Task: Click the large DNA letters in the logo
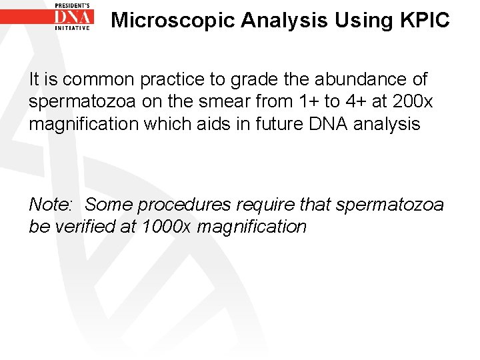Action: pyautogui.click(x=73, y=18)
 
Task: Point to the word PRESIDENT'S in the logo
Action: pyautogui.click(x=73, y=5)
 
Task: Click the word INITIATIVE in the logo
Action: pyautogui.click(x=73, y=29)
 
